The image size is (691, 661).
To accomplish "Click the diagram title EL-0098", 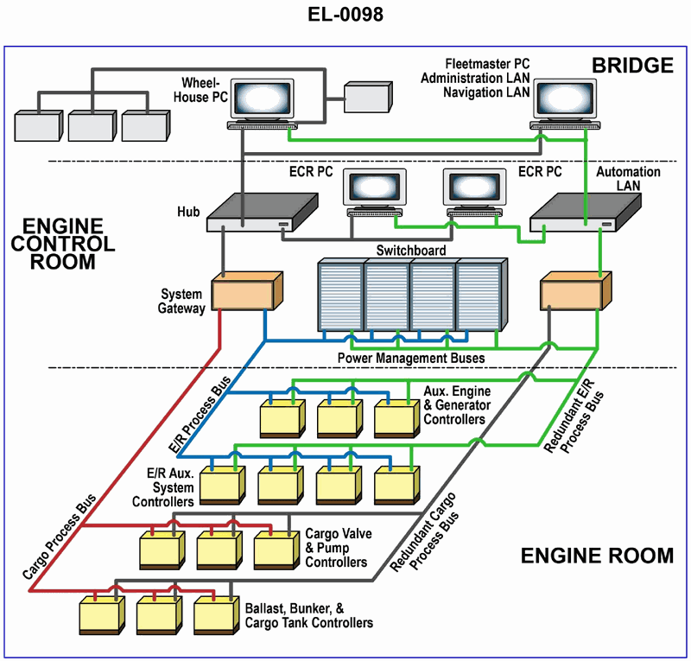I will [345, 15].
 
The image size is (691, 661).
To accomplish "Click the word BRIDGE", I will [632, 65].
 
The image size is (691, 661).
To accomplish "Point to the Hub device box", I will [258, 213].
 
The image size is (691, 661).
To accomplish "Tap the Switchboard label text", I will [410, 251].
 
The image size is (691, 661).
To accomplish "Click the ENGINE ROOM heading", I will [597, 556].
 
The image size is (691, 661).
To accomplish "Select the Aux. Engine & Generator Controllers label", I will [458, 406].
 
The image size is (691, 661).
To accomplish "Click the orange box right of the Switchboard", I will [574, 291].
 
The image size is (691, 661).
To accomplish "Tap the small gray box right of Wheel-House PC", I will [367, 98].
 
